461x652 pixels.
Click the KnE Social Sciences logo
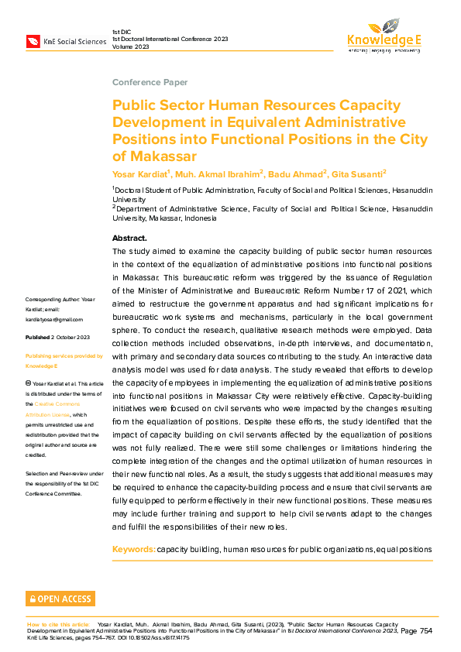click(x=66, y=41)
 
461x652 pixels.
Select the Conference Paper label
click(x=150, y=82)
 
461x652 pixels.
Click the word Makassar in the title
click(x=154, y=156)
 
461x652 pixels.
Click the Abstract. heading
click(x=129, y=238)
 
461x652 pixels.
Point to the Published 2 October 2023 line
click(x=58, y=338)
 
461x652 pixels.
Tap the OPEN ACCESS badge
click(x=60, y=599)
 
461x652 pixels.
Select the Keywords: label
click(x=133, y=549)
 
